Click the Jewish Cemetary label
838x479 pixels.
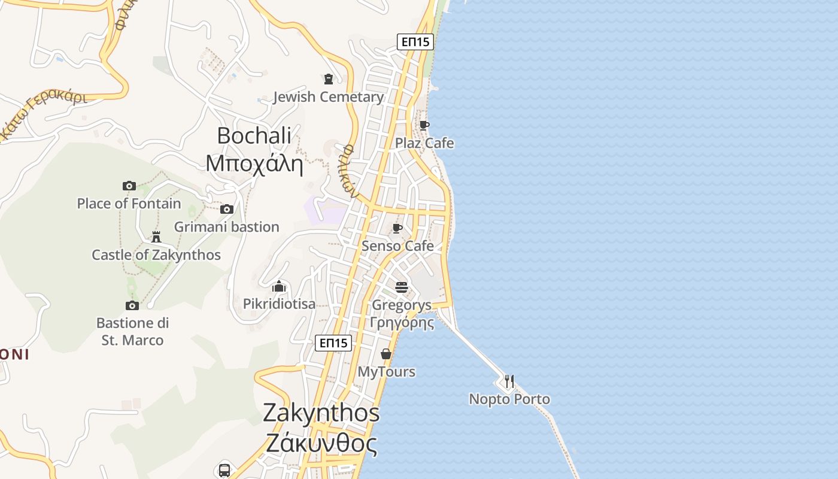coord(328,97)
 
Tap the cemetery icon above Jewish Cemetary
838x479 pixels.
coord(328,79)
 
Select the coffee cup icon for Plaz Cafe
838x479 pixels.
coord(424,125)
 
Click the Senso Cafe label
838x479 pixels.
coord(397,246)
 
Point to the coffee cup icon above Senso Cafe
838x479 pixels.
coord(397,228)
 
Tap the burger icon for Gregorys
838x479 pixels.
coord(401,287)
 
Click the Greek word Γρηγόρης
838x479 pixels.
coord(402,323)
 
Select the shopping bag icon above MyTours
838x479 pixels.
coord(386,354)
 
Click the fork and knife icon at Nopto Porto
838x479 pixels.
coord(509,381)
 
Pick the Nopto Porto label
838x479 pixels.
coord(509,399)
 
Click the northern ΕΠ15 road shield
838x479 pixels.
coord(415,42)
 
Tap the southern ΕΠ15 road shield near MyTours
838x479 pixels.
coord(333,343)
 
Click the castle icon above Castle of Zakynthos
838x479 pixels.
coord(156,237)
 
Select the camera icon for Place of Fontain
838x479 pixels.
coord(129,186)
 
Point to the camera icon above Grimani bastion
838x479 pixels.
coord(226,209)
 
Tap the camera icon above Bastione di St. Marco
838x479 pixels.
coord(132,305)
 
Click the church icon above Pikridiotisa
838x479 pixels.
coord(278,286)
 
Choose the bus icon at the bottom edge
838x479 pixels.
coord(224,470)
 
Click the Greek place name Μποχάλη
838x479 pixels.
coord(254,163)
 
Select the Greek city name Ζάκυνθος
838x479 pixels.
coord(321,444)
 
